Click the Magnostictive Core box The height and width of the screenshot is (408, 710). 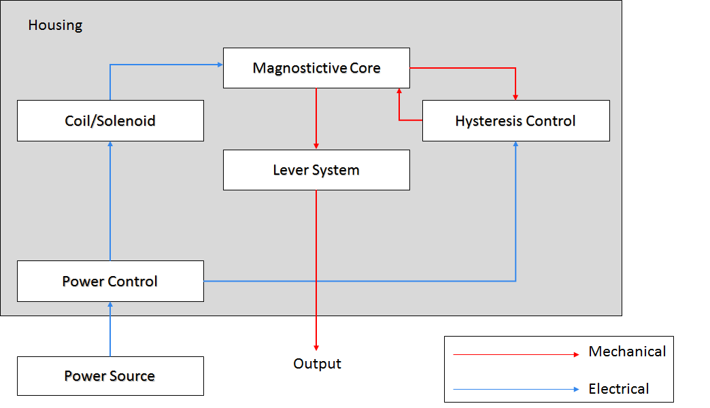tap(316, 68)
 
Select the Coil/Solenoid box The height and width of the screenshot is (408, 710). tap(110, 121)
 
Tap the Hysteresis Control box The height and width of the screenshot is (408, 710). tap(515, 121)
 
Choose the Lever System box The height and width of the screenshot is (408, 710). tap(316, 170)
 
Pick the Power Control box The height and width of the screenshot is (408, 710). tap(110, 281)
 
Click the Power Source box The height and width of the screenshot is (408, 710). tap(110, 376)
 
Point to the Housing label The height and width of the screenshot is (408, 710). tap(55, 25)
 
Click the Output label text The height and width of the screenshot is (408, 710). tap(317, 364)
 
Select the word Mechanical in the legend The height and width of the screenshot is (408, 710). tap(627, 352)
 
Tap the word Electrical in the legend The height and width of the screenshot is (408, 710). tap(619, 389)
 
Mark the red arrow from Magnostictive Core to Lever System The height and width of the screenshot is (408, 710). tap(316, 119)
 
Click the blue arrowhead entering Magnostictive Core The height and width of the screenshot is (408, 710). tap(220, 65)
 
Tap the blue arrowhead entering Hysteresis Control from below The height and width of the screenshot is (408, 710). tap(515, 145)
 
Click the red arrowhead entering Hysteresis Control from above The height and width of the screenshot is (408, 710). tap(515, 97)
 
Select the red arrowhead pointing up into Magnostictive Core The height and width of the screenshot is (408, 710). tap(399, 91)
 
